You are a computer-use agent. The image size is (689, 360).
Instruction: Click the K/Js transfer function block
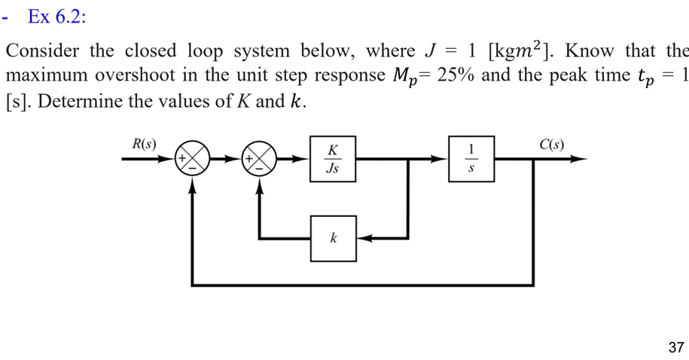(x=333, y=159)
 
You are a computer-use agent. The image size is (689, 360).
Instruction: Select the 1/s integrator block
(x=471, y=159)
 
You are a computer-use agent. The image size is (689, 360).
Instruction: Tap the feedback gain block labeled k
(x=333, y=238)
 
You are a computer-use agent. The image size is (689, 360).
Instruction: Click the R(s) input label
(x=144, y=144)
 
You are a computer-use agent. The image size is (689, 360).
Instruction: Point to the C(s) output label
(x=552, y=145)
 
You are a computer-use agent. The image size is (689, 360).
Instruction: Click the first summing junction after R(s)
(x=193, y=158)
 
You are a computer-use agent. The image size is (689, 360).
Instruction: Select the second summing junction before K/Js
(x=260, y=158)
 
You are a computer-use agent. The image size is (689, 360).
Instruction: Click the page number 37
(x=676, y=347)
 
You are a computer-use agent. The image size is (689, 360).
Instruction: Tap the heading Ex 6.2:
(x=56, y=17)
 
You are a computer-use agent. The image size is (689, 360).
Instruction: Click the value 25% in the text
(x=456, y=75)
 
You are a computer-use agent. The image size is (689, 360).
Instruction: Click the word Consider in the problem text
(x=42, y=50)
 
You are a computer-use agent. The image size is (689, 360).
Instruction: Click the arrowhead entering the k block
(x=364, y=238)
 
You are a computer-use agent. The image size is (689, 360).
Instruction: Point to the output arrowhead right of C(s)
(x=578, y=159)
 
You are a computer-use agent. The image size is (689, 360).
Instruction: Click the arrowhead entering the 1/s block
(x=440, y=159)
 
